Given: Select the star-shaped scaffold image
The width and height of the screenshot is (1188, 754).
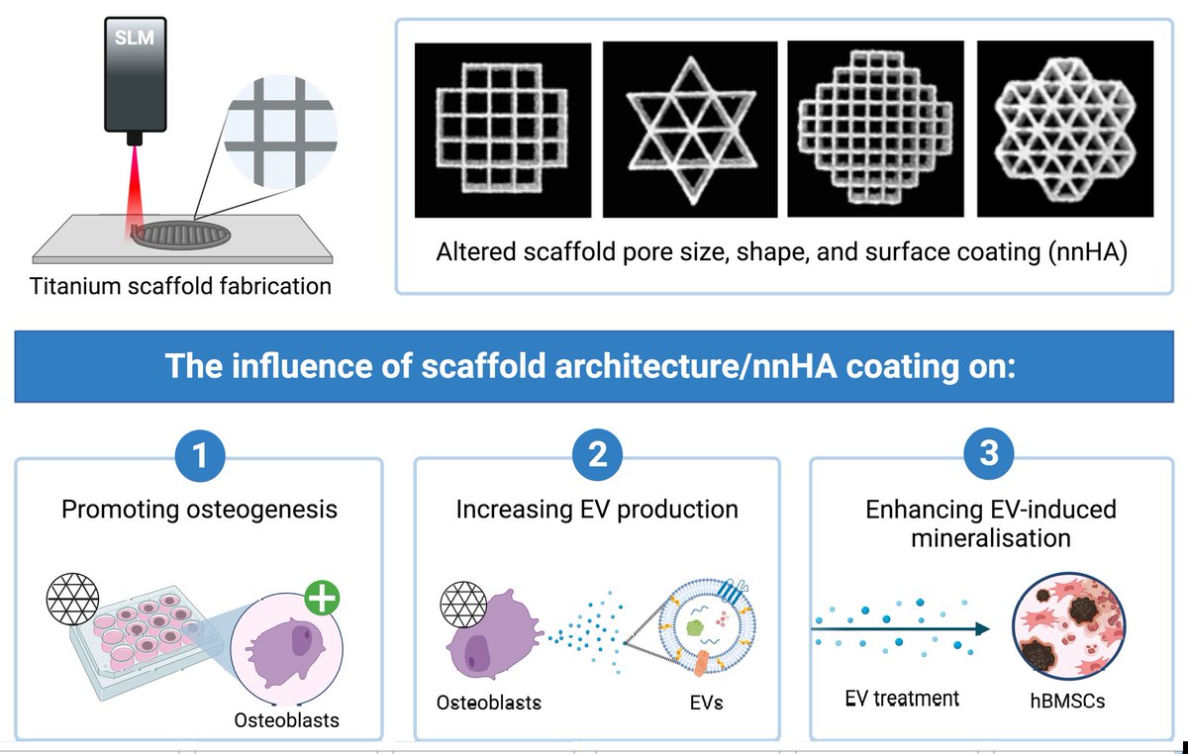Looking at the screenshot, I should click(685, 129).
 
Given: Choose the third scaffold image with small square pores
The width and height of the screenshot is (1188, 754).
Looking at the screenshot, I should click(868, 129).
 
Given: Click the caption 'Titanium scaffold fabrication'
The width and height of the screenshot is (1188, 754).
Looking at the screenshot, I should click(180, 287).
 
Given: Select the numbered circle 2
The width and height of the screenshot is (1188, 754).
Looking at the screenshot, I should click(597, 457).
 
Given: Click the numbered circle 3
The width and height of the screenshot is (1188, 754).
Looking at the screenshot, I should click(993, 457).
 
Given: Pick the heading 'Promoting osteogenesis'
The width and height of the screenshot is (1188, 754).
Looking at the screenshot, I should click(199, 510).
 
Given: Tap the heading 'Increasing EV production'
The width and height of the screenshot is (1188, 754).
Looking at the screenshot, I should click(597, 510).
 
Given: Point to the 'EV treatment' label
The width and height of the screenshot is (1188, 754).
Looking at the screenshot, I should click(902, 699).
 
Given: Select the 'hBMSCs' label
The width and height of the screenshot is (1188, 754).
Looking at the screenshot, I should click(1065, 700).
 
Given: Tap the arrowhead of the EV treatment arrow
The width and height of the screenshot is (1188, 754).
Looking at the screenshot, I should click(983, 627).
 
